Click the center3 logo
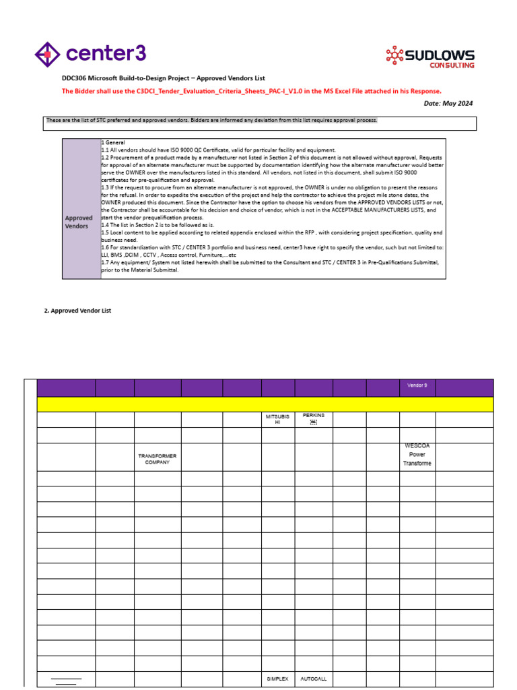click(x=90, y=54)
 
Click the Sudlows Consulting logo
click(x=429, y=57)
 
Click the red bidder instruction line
click(x=252, y=91)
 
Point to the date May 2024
click(x=448, y=103)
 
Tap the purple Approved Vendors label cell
click(x=79, y=222)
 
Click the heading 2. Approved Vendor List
click(x=77, y=311)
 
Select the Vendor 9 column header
click(x=417, y=386)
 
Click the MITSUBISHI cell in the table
click(x=277, y=420)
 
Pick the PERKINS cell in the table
click(x=313, y=419)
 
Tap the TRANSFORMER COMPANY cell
click(x=157, y=459)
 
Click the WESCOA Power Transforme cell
click(x=417, y=455)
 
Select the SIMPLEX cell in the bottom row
click(x=277, y=679)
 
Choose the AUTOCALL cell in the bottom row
click(x=313, y=679)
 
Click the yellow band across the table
click(x=265, y=404)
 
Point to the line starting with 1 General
click(x=113, y=143)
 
